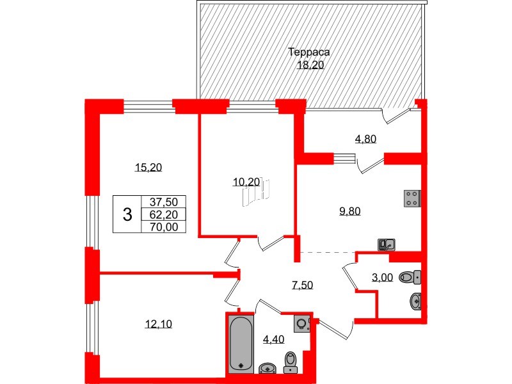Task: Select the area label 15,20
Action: click(x=148, y=168)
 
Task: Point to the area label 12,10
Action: click(x=157, y=324)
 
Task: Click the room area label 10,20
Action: click(x=246, y=182)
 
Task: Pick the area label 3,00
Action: click(x=382, y=278)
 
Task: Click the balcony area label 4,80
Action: click(x=365, y=139)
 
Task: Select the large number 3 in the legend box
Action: click(x=127, y=215)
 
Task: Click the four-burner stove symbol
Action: click(x=412, y=199)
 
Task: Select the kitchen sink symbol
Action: click(x=387, y=244)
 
